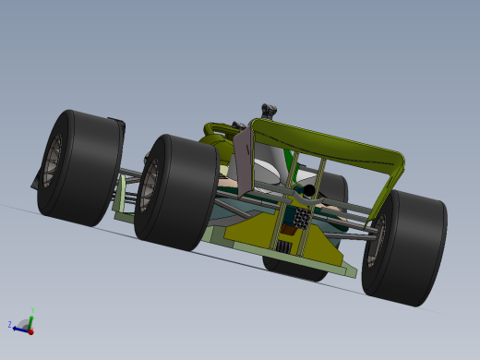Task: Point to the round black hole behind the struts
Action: coord(309,190)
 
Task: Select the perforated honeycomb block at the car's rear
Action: coord(302,216)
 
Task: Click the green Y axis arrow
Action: coord(31,318)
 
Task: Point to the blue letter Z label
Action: coord(10,325)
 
